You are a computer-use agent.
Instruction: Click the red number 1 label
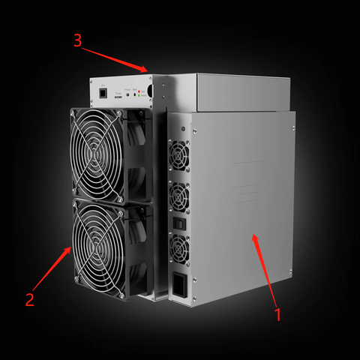point(278,314)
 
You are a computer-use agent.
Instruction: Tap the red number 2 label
point(29,299)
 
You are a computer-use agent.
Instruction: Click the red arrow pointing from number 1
point(266,270)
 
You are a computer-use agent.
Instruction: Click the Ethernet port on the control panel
point(99,94)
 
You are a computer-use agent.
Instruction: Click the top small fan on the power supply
point(181,155)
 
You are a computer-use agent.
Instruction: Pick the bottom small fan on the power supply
point(181,245)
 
